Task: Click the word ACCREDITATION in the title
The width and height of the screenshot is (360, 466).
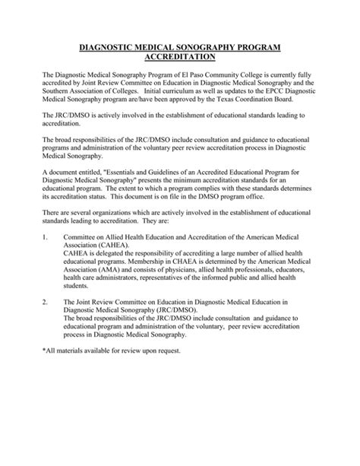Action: tap(179, 57)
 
